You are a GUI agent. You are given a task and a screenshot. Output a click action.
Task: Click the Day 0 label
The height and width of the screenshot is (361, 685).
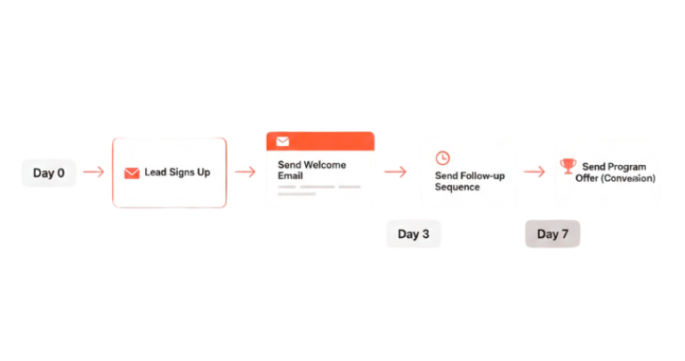(49, 173)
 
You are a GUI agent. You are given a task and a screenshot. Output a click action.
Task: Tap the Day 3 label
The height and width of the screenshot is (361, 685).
(414, 234)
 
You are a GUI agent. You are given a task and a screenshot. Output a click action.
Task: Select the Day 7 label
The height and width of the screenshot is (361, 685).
(552, 234)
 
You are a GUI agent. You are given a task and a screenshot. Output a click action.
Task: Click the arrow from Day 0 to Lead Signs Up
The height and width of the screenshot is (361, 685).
(93, 172)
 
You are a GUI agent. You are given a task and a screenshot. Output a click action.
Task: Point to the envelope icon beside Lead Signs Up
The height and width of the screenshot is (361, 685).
(132, 173)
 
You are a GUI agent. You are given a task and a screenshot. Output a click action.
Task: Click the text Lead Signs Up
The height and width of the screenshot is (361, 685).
(177, 172)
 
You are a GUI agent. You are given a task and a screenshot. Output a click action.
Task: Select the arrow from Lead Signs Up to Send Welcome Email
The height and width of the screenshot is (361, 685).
(245, 172)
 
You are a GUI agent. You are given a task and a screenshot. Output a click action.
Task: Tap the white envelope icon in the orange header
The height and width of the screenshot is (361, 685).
(283, 141)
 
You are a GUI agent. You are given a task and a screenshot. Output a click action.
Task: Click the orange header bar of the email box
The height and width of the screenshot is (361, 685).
(320, 141)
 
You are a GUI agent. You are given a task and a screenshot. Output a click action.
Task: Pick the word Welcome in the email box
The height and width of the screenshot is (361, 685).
(326, 165)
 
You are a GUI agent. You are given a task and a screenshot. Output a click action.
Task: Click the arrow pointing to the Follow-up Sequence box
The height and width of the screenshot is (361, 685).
(395, 172)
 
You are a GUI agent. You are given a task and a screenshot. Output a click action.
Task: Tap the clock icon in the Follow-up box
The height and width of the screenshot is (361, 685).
(442, 158)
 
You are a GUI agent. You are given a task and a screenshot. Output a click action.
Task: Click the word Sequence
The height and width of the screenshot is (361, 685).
(457, 187)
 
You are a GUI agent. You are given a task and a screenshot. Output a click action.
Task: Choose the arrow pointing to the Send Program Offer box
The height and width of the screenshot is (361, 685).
(534, 171)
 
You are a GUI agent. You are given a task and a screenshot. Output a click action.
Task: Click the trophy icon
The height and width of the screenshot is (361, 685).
(568, 166)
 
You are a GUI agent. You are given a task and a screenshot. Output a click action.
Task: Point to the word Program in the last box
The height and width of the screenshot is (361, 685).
(628, 167)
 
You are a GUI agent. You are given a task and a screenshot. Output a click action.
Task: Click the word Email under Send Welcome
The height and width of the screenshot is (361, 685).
(290, 176)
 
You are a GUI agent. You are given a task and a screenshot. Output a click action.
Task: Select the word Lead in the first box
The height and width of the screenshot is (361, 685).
(155, 172)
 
